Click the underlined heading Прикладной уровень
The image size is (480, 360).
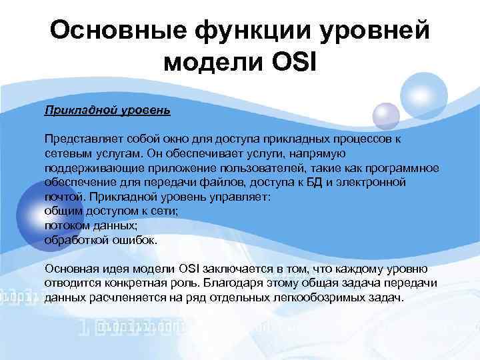pos(107,108)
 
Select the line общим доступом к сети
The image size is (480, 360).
pos(109,211)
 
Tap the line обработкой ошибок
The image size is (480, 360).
pos(101,241)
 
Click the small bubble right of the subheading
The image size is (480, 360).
pos(385,116)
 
